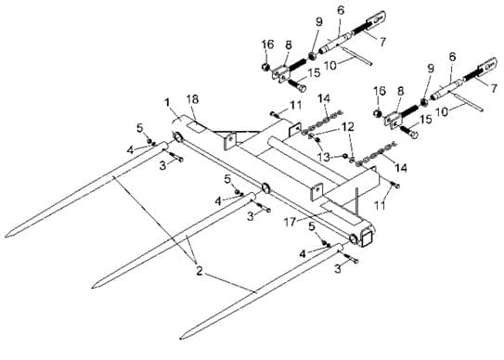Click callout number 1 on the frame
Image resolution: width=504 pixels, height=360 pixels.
[x=167, y=103]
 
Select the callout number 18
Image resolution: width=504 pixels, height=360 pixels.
[x=192, y=99]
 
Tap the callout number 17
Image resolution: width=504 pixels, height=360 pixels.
[x=290, y=222]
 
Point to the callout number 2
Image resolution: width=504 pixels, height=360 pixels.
[x=200, y=271]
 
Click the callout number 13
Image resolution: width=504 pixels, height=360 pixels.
[x=323, y=157]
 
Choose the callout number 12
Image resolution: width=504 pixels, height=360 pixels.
[x=348, y=126]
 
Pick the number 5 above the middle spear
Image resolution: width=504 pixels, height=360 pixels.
[x=227, y=179]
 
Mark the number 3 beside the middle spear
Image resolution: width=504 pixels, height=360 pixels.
[x=251, y=216]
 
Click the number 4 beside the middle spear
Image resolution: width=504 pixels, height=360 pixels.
[x=218, y=201]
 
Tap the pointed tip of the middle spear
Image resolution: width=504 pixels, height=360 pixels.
[x=92, y=287]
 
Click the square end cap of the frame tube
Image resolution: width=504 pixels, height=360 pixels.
[x=368, y=238]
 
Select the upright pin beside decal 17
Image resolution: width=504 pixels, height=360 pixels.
[x=356, y=201]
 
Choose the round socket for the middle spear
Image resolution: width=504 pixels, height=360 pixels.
[x=265, y=188]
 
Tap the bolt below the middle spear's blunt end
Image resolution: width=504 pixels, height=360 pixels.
[x=263, y=208]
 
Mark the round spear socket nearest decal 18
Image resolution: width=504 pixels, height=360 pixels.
[x=177, y=136]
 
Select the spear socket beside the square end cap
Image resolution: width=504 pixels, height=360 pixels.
[x=354, y=238]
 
